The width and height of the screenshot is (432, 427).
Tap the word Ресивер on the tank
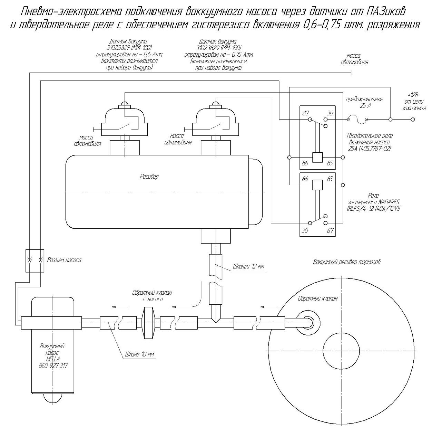(149, 177)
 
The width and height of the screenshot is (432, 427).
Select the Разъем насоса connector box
(35, 260)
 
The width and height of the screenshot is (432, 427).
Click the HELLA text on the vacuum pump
(53, 359)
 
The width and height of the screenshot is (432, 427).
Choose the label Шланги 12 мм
(249, 266)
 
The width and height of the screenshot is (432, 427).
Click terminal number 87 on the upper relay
(306, 113)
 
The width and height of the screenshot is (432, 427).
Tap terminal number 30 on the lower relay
(305, 230)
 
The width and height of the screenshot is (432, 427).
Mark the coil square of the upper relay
(317, 157)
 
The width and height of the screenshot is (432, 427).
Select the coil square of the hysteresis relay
(317, 185)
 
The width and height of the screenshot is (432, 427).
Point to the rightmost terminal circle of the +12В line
(413, 120)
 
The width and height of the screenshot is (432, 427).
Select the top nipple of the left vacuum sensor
(125, 105)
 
